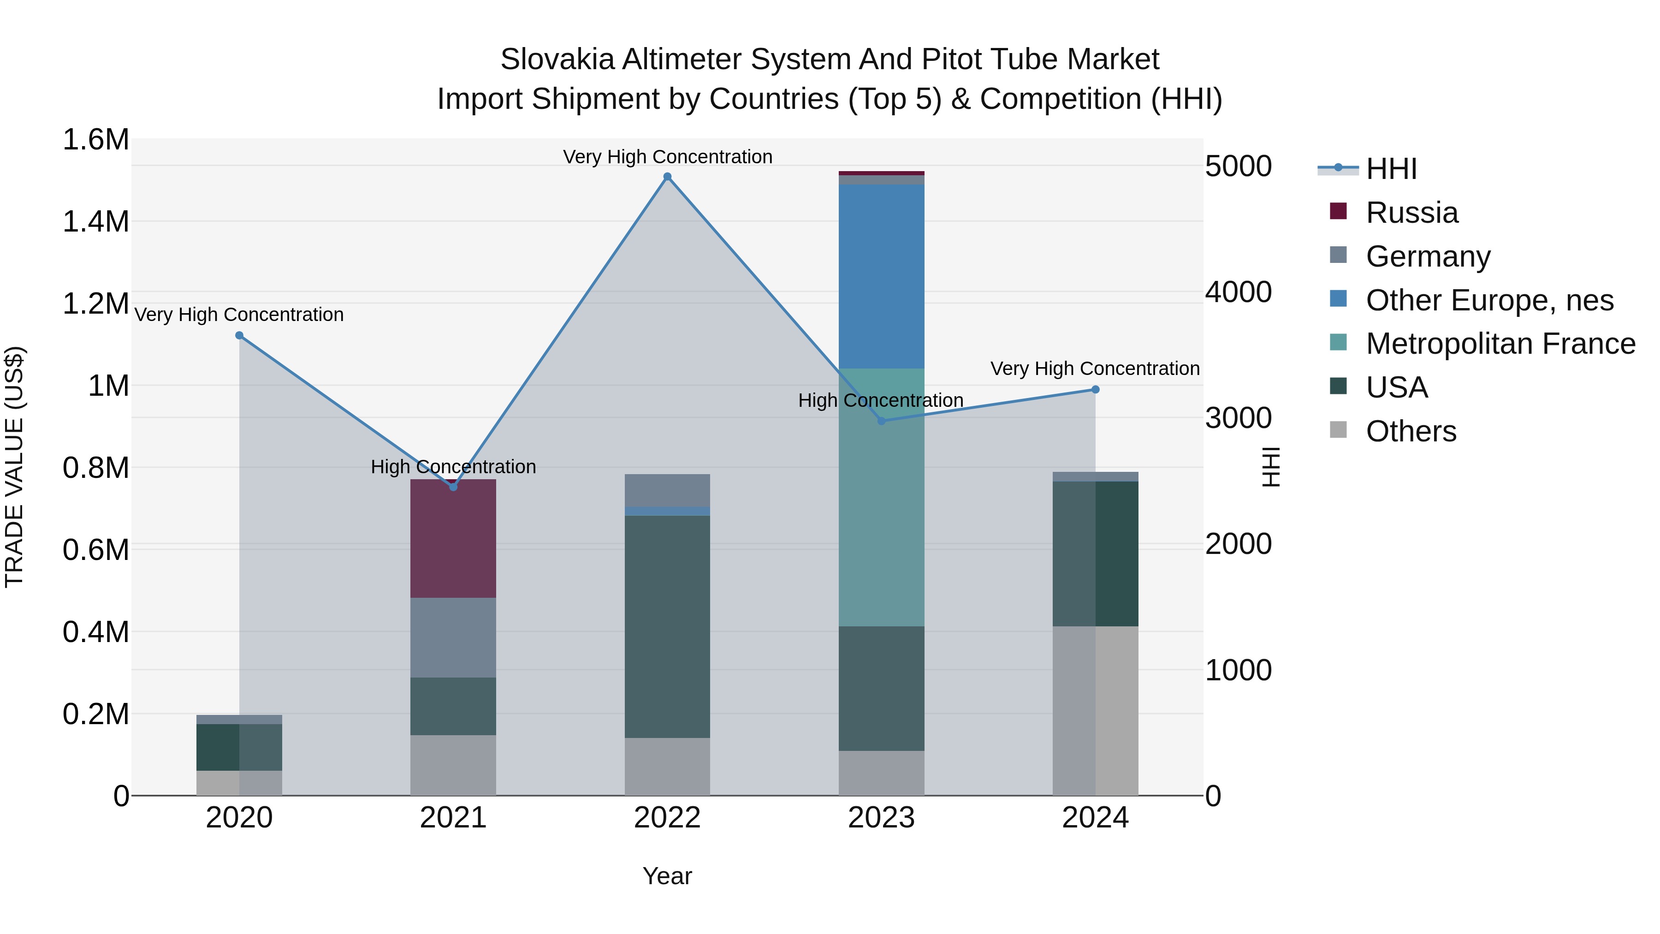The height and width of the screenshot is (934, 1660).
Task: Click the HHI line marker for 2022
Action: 668,177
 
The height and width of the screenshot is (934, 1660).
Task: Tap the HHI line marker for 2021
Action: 453,488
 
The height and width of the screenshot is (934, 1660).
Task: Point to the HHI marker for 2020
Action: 239,335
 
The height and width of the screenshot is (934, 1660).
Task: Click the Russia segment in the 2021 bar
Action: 453,538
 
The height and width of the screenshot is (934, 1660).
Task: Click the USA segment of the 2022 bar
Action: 668,626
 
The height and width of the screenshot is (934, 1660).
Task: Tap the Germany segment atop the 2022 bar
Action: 668,490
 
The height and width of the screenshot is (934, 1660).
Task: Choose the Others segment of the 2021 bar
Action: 453,765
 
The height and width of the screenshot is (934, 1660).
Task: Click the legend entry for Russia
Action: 1411,213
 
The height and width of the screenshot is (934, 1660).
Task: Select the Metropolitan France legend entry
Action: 1500,344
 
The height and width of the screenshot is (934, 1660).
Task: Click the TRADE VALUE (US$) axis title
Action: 14,467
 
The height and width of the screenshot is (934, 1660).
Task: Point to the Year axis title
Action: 667,876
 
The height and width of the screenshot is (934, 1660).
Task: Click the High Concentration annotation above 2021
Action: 453,467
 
